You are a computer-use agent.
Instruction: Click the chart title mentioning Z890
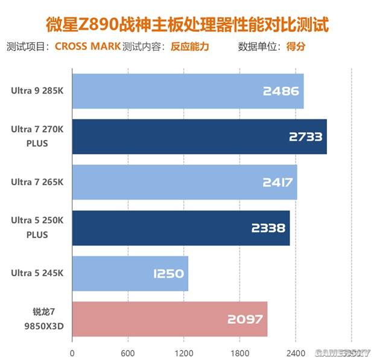(188, 25)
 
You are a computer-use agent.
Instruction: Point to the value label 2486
(281, 92)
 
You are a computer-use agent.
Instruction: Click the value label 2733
(306, 137)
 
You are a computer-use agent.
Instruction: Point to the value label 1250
(168, 274)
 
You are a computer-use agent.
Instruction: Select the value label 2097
(246, 320)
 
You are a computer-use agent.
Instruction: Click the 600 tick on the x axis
(128, 353)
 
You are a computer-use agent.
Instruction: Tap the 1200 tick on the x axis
(183, 353)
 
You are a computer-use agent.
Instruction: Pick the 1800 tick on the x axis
(239, 353)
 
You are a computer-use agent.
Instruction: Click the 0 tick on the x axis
(72, 353)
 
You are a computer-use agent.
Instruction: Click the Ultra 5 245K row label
(36, 273)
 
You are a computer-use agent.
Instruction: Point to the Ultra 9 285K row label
(36, 91)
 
